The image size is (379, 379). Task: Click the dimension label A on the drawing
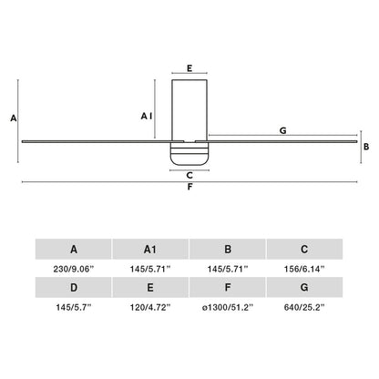12,118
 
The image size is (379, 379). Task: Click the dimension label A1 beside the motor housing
146,116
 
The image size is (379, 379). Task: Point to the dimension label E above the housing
189,67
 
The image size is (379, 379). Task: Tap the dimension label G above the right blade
283,131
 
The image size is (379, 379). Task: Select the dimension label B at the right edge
365,146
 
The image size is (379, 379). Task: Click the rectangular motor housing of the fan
189,108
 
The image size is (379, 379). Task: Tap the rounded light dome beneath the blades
189,156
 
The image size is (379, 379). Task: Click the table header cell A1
150,248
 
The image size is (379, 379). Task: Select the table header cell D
73,288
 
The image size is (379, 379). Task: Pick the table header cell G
304,288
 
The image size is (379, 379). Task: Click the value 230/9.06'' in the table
73,269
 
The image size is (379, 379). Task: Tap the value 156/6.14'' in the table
304,269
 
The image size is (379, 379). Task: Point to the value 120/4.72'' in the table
150,309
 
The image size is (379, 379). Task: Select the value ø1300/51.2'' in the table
228,309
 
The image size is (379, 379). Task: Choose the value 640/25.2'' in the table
304,309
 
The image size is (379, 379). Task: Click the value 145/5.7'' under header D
73,309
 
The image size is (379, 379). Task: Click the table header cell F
228,288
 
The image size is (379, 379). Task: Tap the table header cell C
304,248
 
